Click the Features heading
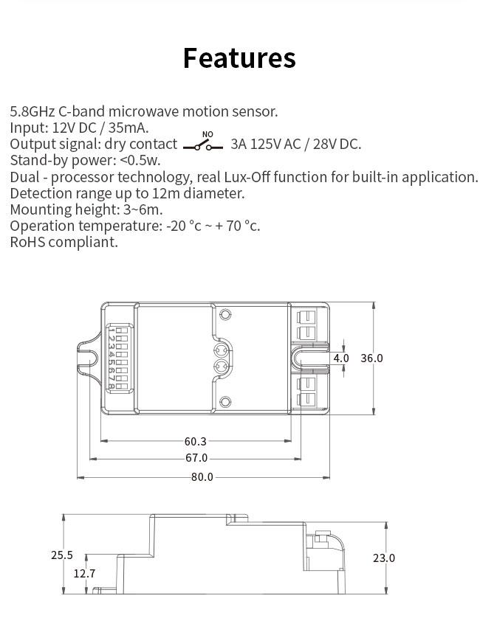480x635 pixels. pyautogui.click(x=239, y=58)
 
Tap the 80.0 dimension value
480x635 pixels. pyautogui.click(x=202, y=477)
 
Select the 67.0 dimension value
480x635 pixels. pyautogui.click(x=196, y=458)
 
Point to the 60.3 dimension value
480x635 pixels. pyautogui.click(x=196, y=441)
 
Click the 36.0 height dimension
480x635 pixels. pyautogui.click(x=371, y=358)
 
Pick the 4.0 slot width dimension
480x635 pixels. pyautogui.click(x=341, y=358)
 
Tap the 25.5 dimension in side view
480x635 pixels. pyautogui.click(x=62, y=555)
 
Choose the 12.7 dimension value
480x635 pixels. pyautogui.click(x=84, y=574)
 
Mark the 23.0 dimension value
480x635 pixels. pyautogui.click(x=383, y=558)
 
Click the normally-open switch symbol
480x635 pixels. pyautogui.click(x=202, y=147)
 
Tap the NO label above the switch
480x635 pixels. pyautogui.click(x=208, y=134)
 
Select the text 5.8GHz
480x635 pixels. pyautogui.click(x=32, y=111)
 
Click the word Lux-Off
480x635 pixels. pyautogui.click(x=247, y=177)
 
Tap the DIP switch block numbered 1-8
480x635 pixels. pyautogui.click(x=118, y=358)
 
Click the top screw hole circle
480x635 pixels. pyautogui.click(x=225, y=314)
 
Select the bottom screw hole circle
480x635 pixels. pyautogui.click(x=225, y=402)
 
